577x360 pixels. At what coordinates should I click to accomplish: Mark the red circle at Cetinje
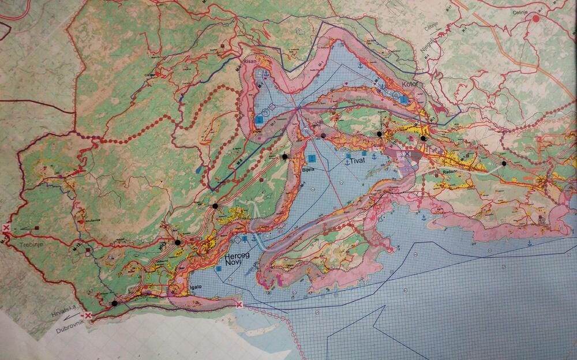pos(537,18)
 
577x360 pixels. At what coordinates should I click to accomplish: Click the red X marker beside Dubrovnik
pos(87,316)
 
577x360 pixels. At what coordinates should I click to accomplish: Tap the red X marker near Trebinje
pos(6,228)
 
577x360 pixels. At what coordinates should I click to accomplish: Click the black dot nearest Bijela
pos(284,156)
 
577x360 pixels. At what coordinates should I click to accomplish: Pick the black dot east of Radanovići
pos(504,164)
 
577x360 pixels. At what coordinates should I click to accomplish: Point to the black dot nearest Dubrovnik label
pos(115,303)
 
